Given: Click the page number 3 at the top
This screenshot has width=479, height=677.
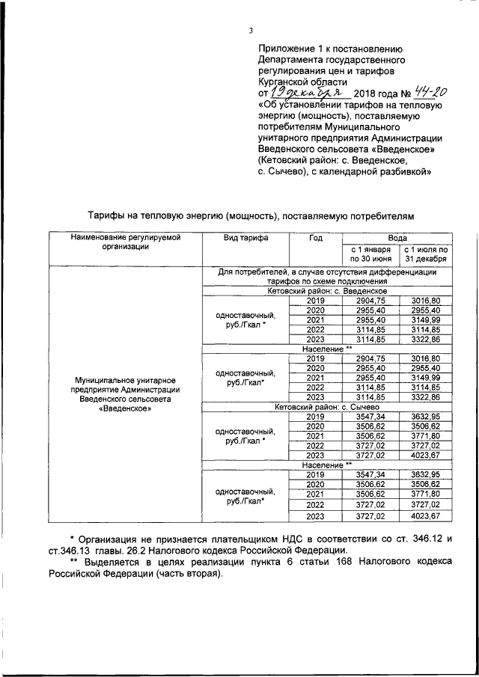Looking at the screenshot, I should (x=251, y=31).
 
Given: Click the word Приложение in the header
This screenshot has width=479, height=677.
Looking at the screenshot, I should (x=283, y=46).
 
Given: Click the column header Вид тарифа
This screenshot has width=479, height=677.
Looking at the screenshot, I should (x=245, y=237).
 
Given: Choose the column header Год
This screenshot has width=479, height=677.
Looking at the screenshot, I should (x=315, y=237).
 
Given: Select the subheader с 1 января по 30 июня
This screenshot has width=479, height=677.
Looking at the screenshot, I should (x=368, y=254).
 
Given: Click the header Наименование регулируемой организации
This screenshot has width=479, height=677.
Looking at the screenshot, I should (x=126, y=242).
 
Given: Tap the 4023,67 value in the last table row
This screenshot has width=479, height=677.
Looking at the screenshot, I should (x=425, y=515).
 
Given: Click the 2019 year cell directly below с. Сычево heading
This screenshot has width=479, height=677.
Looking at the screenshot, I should (x=315, y=416).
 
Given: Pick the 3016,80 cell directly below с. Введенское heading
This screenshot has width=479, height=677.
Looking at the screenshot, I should (x=425, y=299).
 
